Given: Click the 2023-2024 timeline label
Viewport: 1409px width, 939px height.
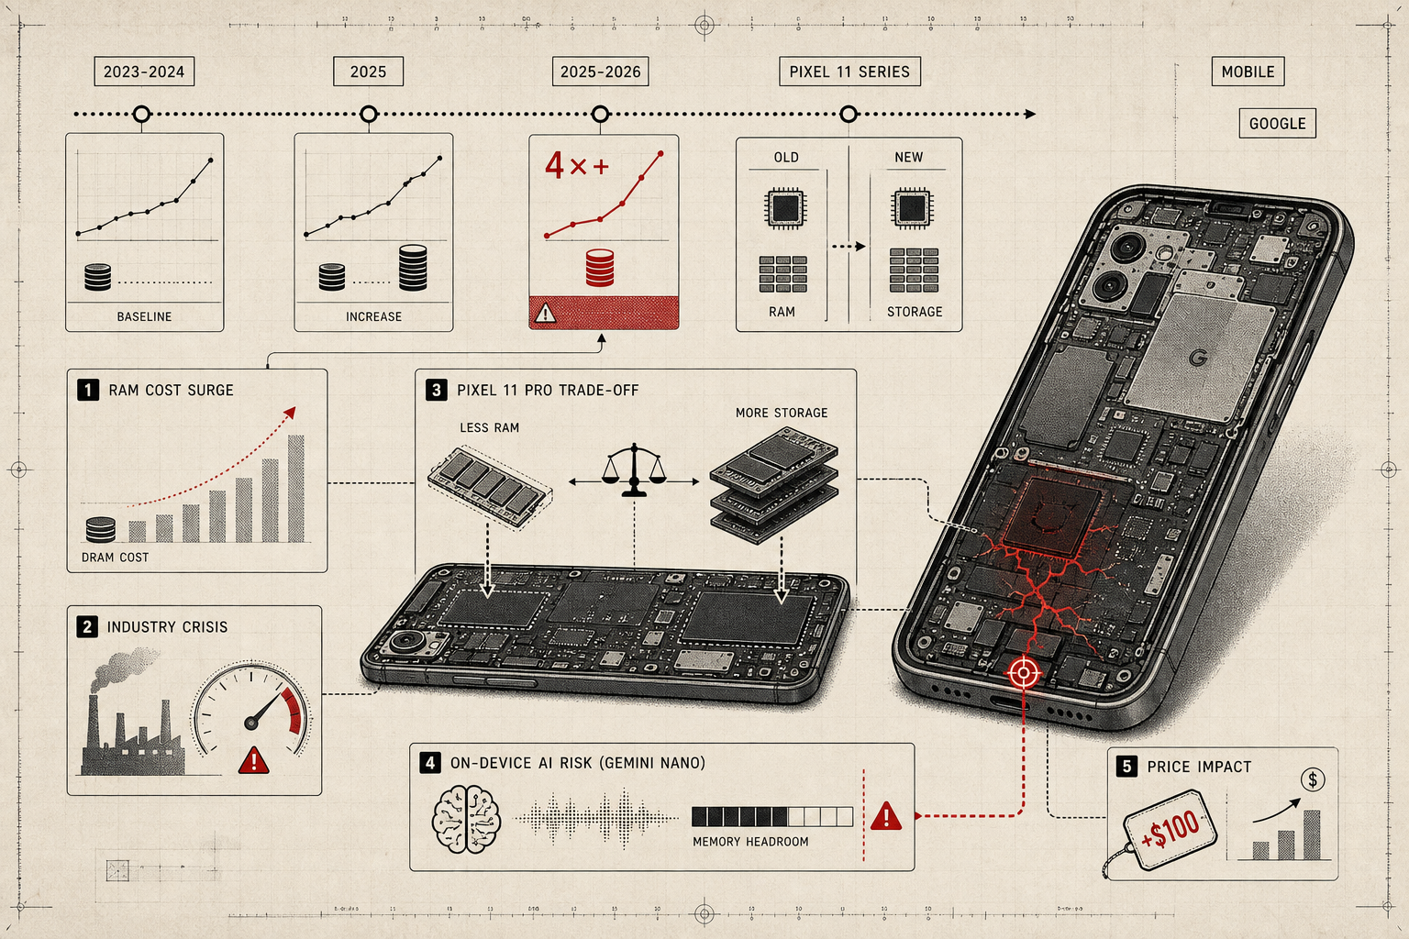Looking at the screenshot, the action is pos(144,72).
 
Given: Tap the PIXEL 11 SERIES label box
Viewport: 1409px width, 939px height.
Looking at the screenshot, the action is pos(849,72).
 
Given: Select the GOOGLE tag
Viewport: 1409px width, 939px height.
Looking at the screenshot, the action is pos(1278,123).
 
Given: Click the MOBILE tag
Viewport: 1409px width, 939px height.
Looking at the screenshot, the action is pos(1248,72).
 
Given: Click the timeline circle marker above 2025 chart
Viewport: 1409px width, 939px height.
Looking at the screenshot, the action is pos(369,114).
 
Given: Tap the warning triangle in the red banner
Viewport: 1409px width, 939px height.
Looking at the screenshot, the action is pos(545,313).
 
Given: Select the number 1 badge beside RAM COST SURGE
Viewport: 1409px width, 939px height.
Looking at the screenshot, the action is pos(88,390).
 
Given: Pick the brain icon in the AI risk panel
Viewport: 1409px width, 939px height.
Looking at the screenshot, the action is pos(466,819).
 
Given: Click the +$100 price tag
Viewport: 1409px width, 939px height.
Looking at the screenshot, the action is pos(1170,830).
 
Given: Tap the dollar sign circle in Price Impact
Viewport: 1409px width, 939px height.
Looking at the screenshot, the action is pos(1313,779).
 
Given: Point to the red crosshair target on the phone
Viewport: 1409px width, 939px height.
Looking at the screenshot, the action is pos(1024,673).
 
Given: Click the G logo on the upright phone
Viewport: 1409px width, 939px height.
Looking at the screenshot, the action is pos(1198,358).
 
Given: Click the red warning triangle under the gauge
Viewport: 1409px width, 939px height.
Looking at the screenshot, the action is pos(254,760).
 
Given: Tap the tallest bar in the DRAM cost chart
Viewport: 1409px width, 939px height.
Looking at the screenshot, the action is pos(296,489).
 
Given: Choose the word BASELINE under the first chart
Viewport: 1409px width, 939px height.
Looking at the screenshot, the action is pos(144,316).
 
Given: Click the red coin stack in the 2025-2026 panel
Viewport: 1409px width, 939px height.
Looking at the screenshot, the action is pos(599,268).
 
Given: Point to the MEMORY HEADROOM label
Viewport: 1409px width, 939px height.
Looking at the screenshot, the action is pos(750,842).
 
